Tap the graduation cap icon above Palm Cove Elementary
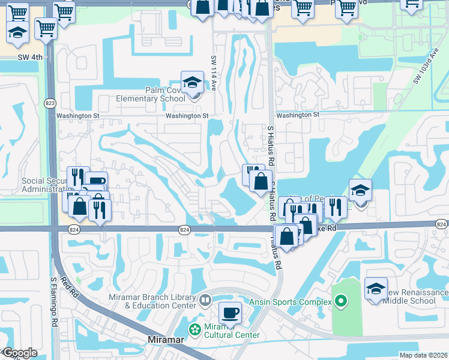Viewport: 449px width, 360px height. point(192,83)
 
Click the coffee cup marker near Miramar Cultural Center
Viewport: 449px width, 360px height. point(230,313)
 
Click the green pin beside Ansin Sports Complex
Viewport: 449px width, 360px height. point(342,301)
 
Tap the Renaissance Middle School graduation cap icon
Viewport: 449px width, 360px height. point(376,289)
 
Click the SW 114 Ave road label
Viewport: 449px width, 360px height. point(213,73)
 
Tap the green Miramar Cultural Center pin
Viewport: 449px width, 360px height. point(194,329)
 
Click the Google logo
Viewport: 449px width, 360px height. point(19,353)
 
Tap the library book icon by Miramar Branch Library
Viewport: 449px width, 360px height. point(205,299)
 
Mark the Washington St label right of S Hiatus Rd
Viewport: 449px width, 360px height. point(298,115)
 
